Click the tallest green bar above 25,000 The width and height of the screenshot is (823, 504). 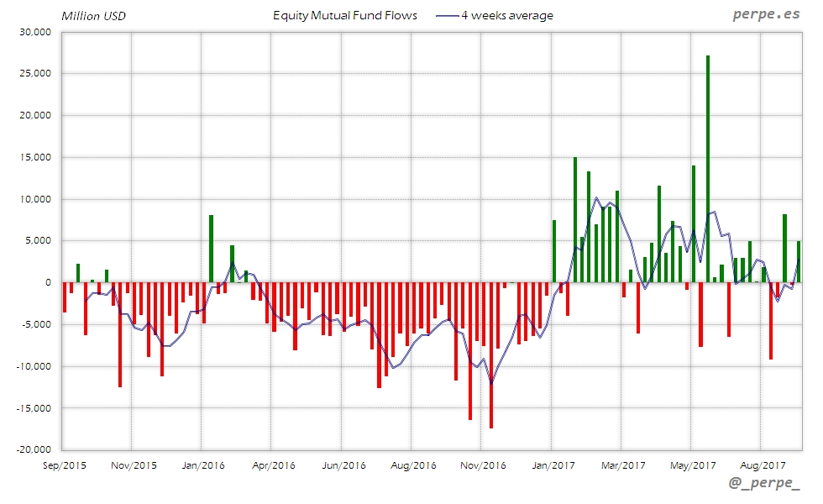[708, 168]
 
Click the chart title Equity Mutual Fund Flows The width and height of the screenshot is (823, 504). [345, 15]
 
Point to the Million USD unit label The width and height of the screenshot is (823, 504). [93, 16]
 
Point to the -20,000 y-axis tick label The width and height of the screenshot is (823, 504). [33, 449]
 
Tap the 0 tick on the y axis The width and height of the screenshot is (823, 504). [49, 282]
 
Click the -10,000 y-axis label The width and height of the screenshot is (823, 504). [33, 366]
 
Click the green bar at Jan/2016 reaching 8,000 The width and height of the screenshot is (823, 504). [211, 249]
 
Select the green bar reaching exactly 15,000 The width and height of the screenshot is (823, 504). [575, 219]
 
